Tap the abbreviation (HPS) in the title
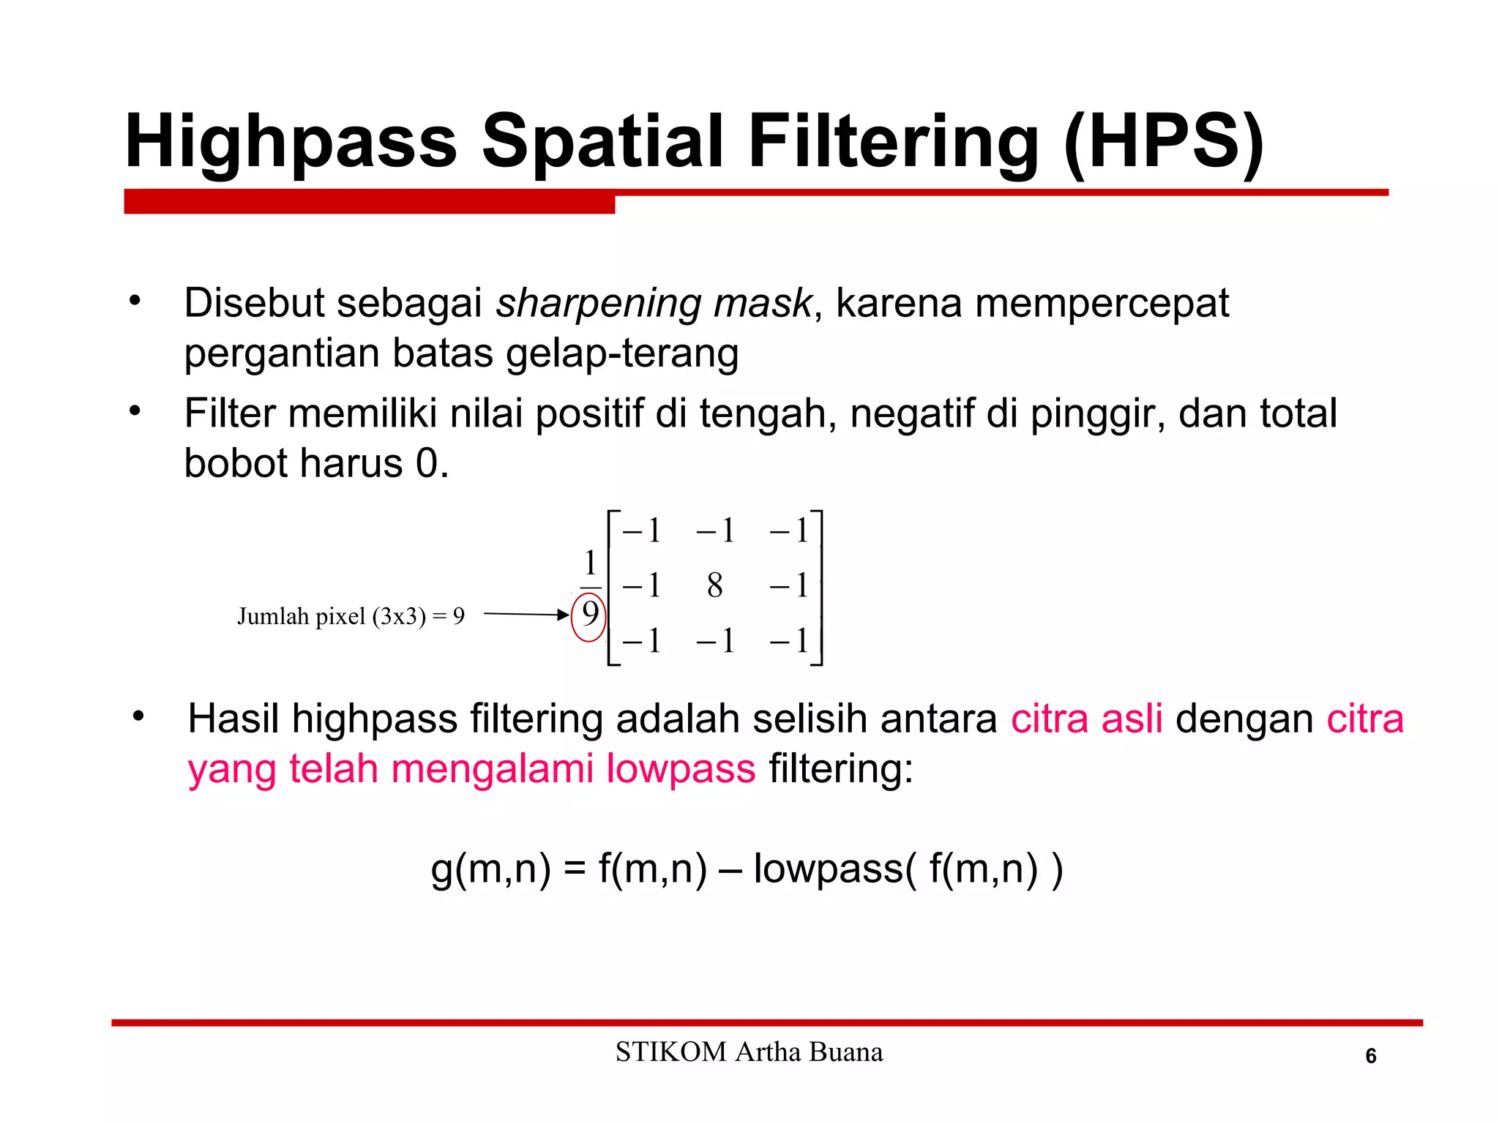click(1164, 142)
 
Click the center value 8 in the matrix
click(715, 585)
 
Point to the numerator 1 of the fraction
click(590, 563)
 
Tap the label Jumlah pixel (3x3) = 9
click(351, 616)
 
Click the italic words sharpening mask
click(654, 303)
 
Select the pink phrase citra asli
click(1086, 719)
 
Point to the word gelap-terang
click(621, 353)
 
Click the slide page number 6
click(1371, 1056)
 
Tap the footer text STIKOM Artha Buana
click(749, 1052)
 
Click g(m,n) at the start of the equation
click(490, 869)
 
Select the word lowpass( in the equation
click(834, 869)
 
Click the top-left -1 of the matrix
click(642, 530)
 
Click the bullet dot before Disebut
click(135, 301)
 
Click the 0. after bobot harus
click(432, 464)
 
